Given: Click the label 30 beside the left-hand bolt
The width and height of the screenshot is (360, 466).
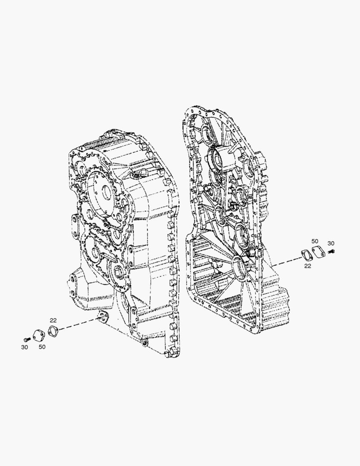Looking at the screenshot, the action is coord(24,347).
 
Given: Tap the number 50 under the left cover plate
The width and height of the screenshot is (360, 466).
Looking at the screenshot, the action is coord(42,346).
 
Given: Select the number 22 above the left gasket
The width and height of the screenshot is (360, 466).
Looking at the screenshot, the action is coord(53,320).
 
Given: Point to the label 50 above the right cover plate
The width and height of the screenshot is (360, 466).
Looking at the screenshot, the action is coord(315,241).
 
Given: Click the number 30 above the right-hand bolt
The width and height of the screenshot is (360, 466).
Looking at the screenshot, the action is coord(331,243).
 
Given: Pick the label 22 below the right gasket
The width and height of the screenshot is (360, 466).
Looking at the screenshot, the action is coord(307,266).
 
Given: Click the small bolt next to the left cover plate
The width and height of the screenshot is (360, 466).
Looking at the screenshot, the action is coord(27,339).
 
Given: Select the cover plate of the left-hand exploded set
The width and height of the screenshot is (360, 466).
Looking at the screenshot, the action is coord(39,335).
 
